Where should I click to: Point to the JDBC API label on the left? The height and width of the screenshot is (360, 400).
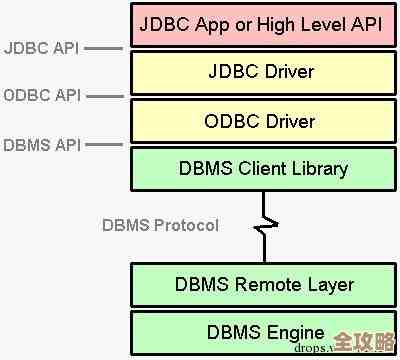click(41, 47)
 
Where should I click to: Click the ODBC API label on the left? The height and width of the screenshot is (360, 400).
click(41, 95)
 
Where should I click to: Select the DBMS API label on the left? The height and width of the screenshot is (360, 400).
click(41, 143)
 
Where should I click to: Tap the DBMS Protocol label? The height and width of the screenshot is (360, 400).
click(160, 224)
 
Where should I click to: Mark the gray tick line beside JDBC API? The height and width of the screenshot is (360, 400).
click(103, 47)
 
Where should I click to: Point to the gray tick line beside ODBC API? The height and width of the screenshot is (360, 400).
click(103, 95)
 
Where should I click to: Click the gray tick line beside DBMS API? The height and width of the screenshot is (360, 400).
click(103, 143)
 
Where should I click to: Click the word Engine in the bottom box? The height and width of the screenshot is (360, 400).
click(294, 332)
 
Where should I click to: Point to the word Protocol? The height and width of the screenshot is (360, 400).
click(186, 224)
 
